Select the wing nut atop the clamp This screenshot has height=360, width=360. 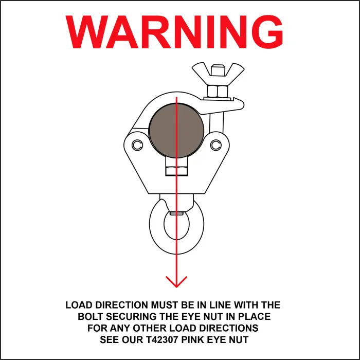tap(217, 74)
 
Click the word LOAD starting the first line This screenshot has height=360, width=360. tap(78, 305)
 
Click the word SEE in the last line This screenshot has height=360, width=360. tap(110, 340)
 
